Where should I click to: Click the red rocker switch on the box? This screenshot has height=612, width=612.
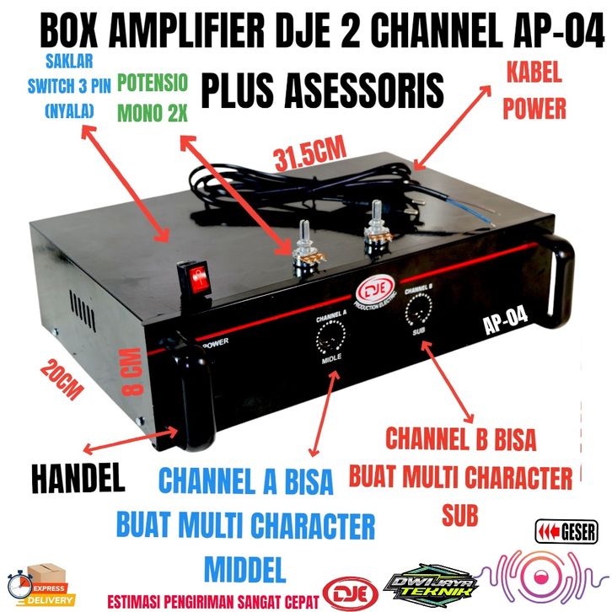(x=196, y=277)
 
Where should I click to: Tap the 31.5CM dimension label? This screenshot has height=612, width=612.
(x=310, y=153)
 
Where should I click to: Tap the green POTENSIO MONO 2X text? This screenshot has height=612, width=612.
(x=153, y=95)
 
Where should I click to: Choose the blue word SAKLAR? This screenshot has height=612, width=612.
(x=70, y=60)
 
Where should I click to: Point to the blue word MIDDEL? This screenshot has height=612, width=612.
(x=245, y=562)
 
